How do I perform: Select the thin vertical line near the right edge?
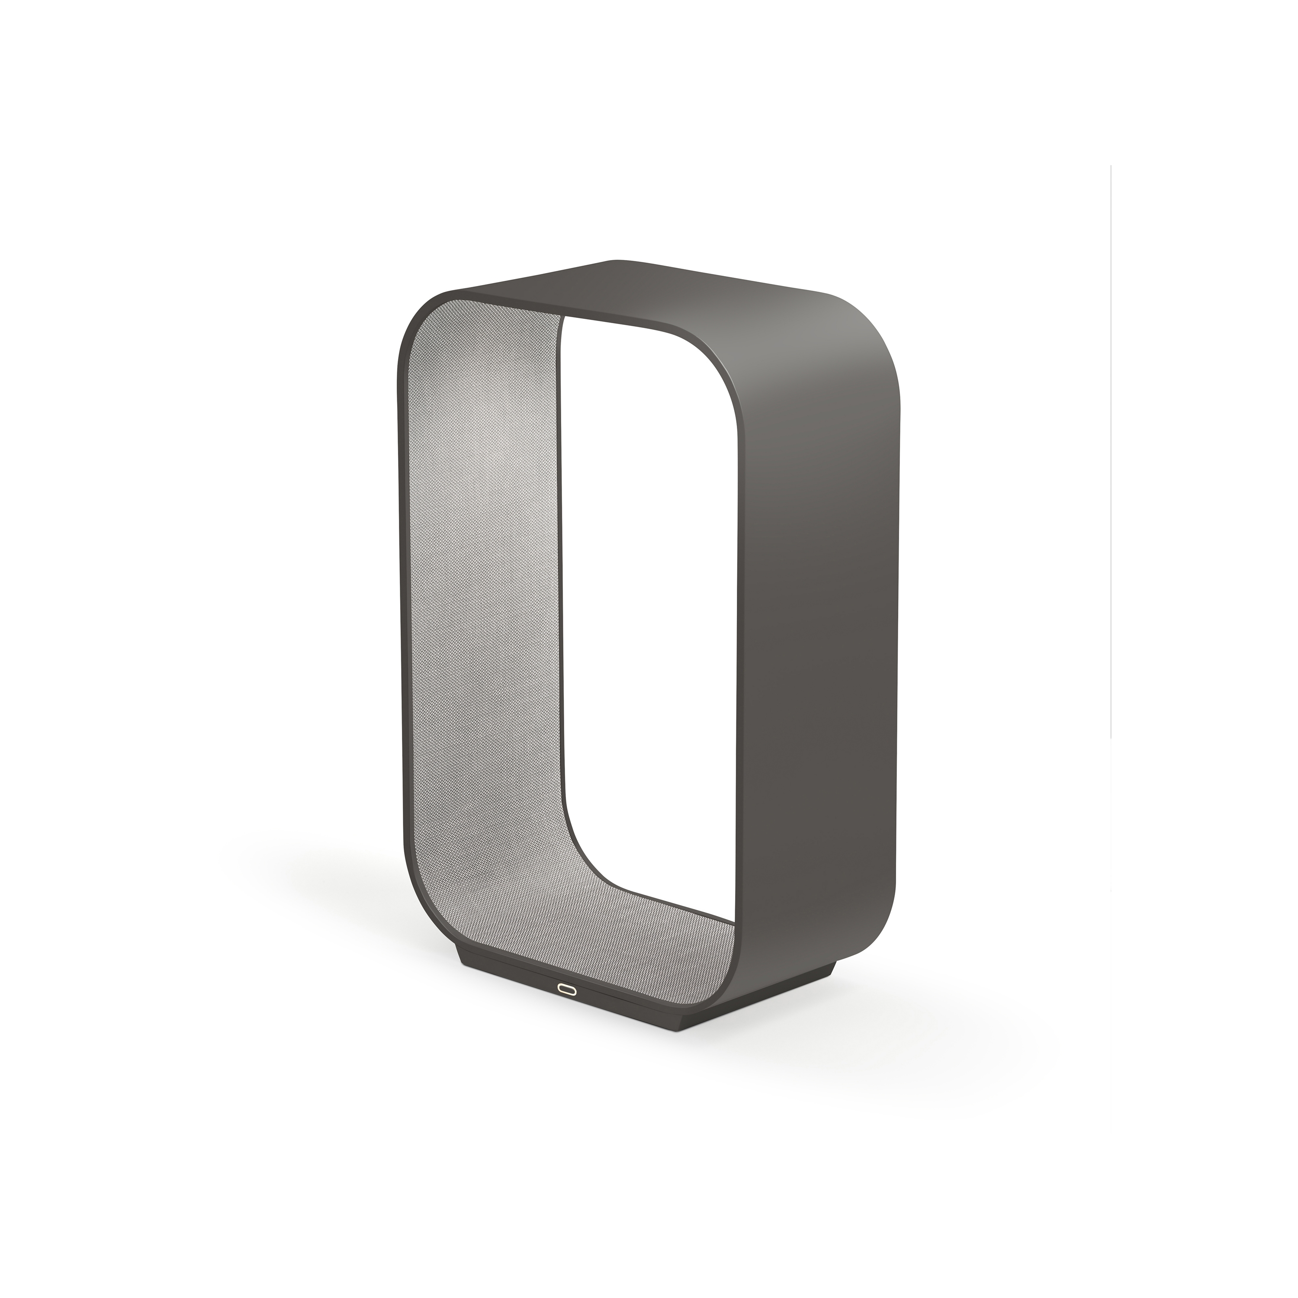1111,470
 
